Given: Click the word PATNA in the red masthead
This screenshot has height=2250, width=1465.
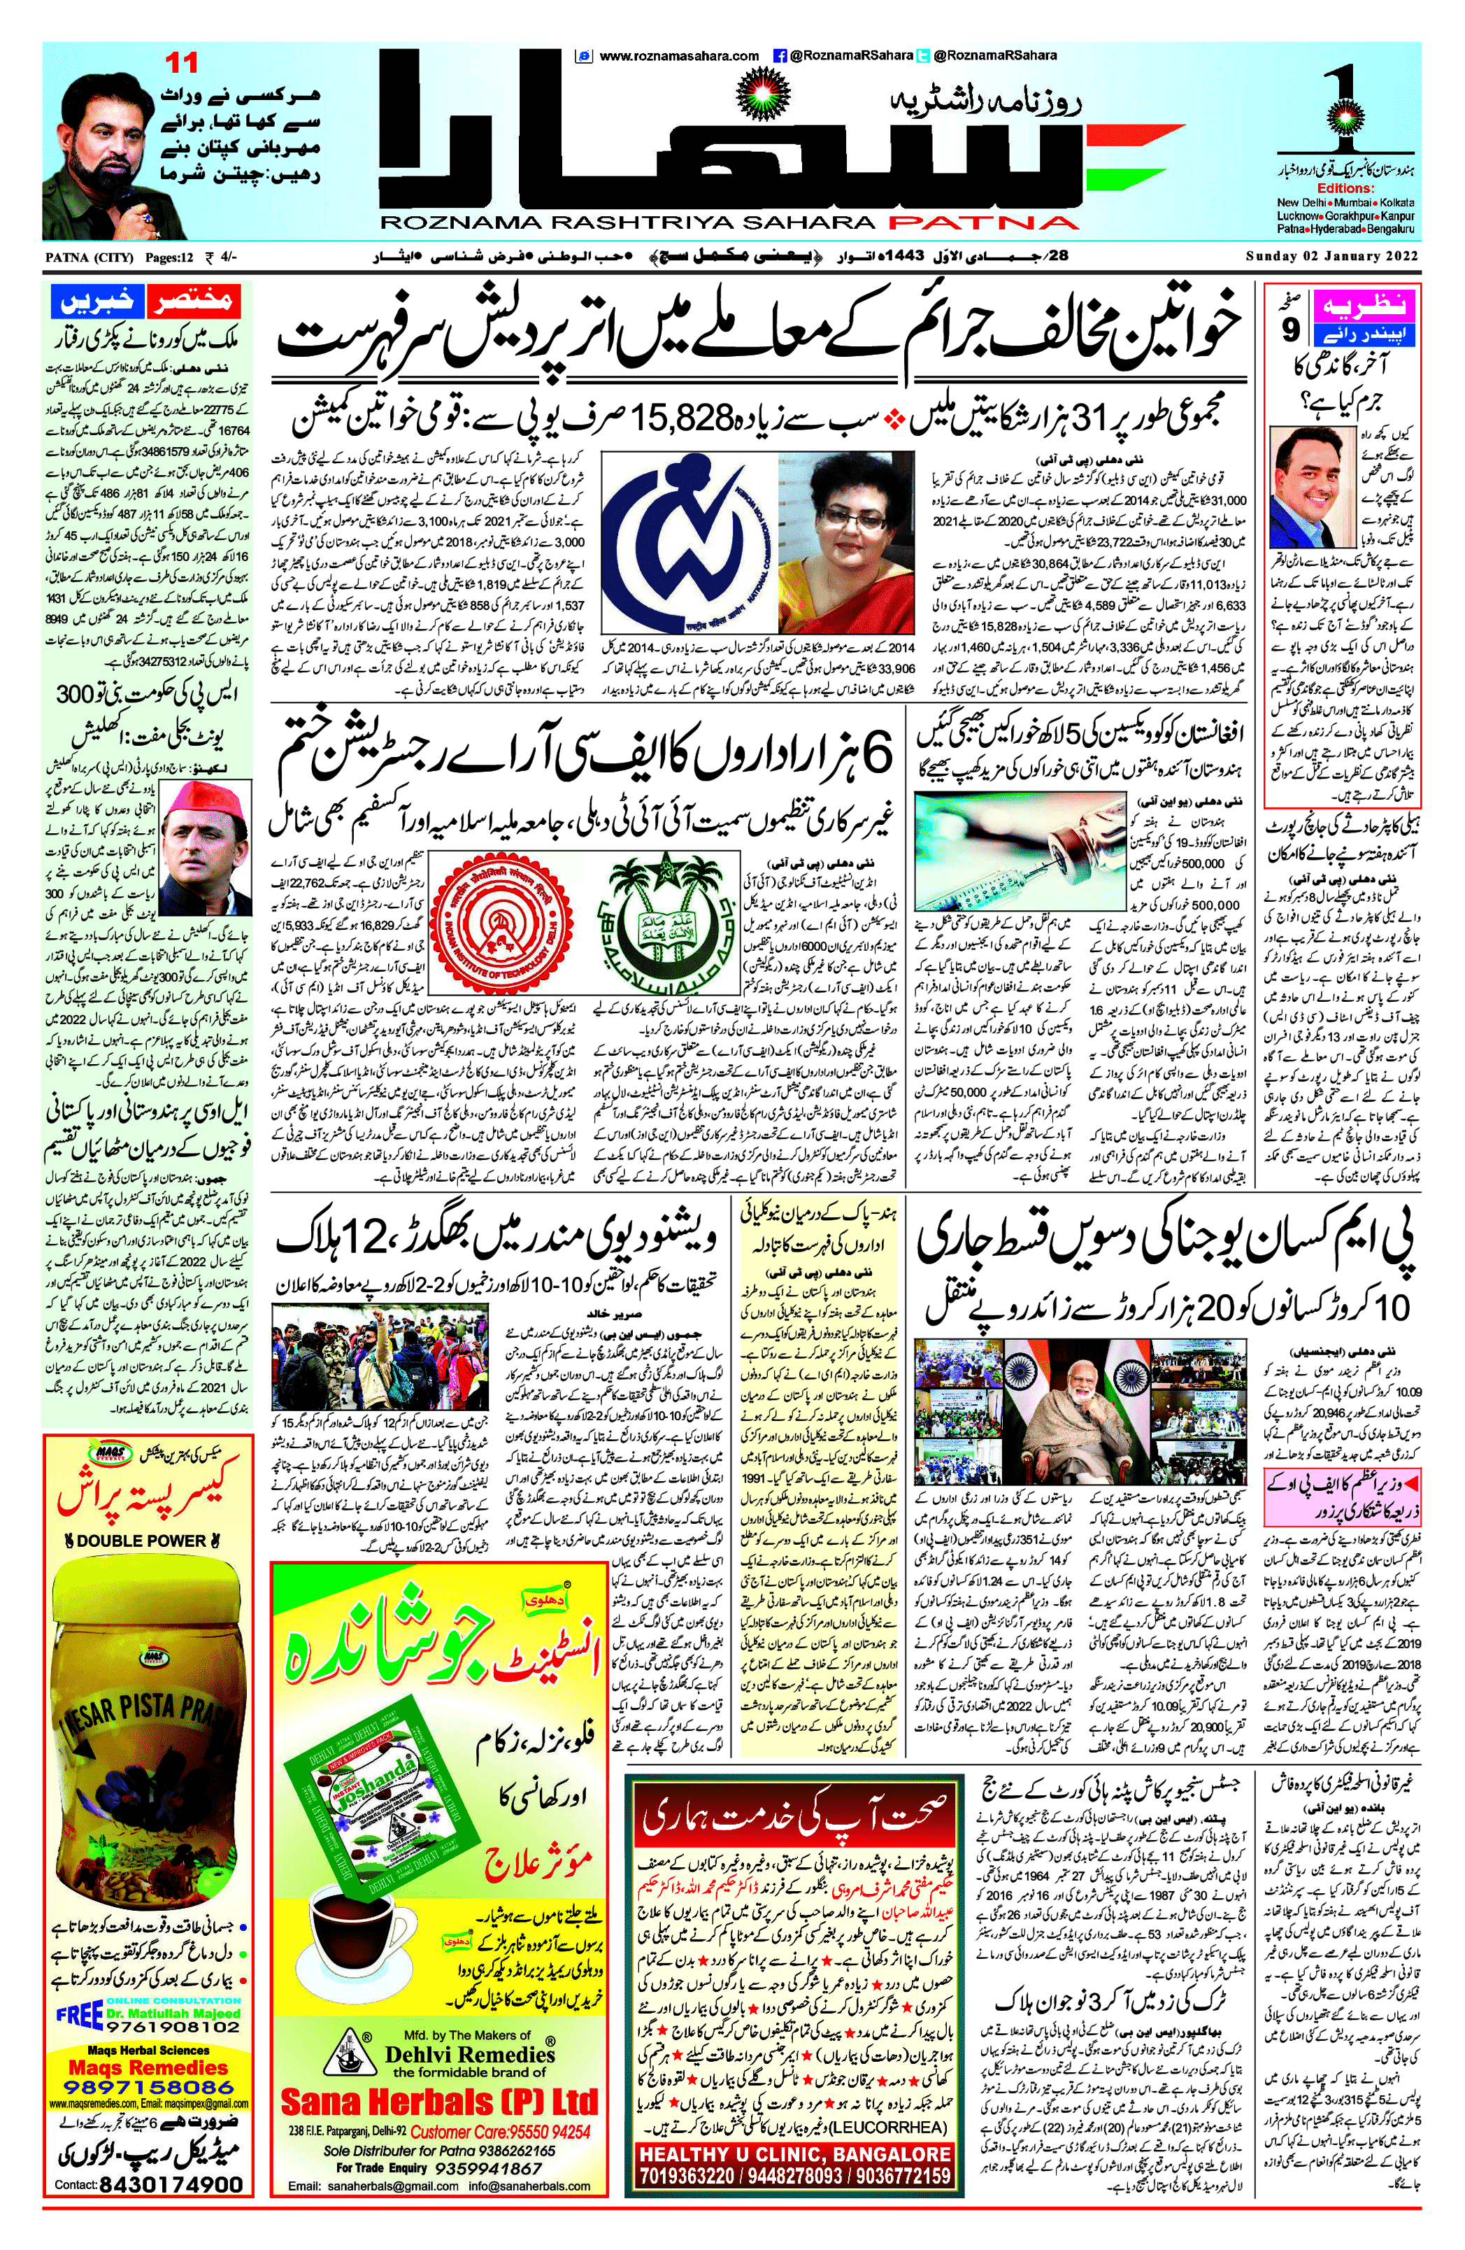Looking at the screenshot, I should click(983, 223).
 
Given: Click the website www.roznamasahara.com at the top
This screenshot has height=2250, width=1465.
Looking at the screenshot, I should click(678, 56).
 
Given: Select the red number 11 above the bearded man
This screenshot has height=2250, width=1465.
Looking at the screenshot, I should click(182, 64).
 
